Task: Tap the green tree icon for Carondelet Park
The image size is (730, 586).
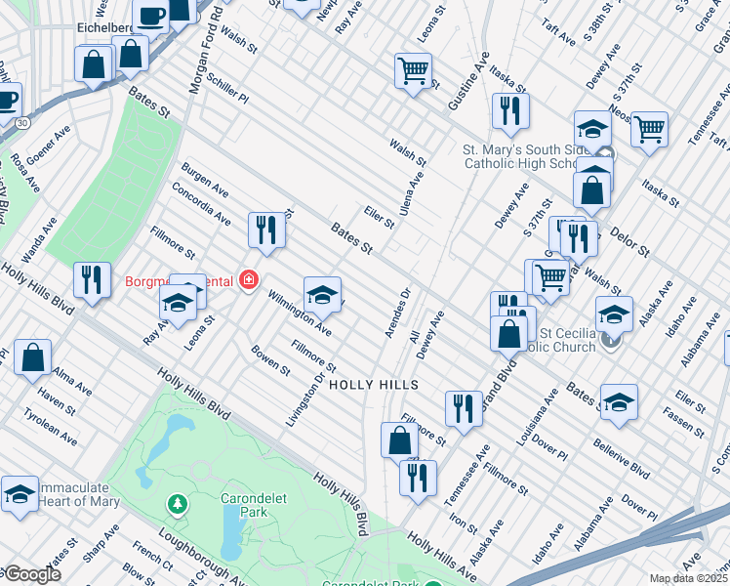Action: pyautogui.click(x=177, y=504)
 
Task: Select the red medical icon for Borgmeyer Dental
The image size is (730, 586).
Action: pyautogui.click(x=249, y=281)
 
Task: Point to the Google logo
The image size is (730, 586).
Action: pyautogui.click(x=31, y=575)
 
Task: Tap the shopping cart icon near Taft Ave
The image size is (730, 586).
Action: pyautogui.click(x=648, y=129)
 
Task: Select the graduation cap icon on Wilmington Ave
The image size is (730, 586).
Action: pyautogui.click(x=322, y=293)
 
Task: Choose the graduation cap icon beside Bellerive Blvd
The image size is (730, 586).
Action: pyautogui.click(x=619, y=402)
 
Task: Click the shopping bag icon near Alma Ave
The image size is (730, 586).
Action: pyautogui.click(x=33, y=357)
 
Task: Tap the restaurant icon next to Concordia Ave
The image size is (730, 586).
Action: pyautogui.click(x=265, y=230)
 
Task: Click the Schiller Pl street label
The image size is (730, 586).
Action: pyautogui.click(x=228, y=92)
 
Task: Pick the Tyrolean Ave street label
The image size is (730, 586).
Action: pyautogui.click(x=51, y=427)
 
